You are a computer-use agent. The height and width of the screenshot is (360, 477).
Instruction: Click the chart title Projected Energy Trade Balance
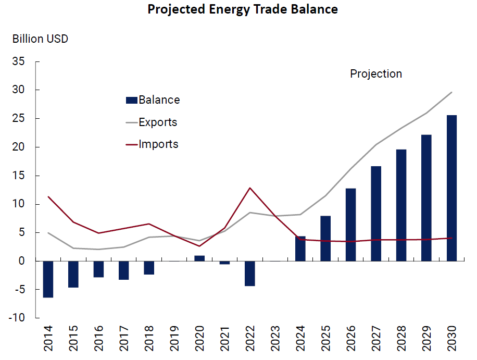(242, 10)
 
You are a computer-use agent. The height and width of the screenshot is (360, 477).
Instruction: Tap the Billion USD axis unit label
(41, 39)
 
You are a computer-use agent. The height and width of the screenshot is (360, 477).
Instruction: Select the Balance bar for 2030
(451, 188)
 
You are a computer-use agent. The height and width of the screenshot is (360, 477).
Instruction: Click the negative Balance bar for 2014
(48, 279)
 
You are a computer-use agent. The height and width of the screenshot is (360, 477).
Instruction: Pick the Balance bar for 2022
(250, 273)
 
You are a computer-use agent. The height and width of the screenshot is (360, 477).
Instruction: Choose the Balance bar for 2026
(350, 224)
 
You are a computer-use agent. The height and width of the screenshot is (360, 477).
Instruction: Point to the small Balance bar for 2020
(199, 258)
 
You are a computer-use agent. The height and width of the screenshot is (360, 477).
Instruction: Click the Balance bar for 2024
(300, 249)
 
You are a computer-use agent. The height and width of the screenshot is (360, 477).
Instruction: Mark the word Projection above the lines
(376, 74)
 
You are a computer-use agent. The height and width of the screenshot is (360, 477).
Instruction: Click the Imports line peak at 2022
(250, 188)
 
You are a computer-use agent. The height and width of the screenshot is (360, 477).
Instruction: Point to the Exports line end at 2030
(451, 92)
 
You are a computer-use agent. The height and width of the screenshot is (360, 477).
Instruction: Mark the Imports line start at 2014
(48, 196)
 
